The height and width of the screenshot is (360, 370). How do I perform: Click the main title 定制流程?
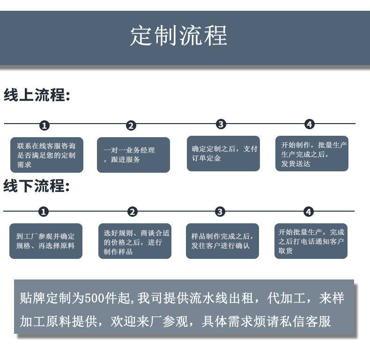(x=178, y=36)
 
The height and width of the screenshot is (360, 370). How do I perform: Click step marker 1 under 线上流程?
(x=44, y=125)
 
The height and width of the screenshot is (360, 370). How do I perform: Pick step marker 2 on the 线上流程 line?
(x=131, y=125)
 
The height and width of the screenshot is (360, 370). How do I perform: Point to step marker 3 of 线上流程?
(x=221, y=124)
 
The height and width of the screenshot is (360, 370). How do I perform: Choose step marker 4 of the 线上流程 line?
(x=309, y=124)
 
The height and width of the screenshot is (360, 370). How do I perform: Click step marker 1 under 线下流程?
(x=43, y=212)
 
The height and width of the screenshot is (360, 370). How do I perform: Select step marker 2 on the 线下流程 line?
(x=133, y=212)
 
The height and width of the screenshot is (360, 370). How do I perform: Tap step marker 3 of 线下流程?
(x=220, y=212)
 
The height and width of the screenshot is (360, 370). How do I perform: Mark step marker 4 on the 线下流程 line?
(x=308, y=212)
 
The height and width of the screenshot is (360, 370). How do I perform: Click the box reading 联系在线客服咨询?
(x=47, y=155)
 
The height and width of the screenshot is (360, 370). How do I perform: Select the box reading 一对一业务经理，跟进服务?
(x=133, y=155)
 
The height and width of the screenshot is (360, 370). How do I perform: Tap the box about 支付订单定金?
(x=223, y=154)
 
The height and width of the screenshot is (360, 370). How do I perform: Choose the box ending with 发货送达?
(x=312, y=154)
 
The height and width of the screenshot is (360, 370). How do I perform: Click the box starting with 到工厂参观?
(x=46, y=241)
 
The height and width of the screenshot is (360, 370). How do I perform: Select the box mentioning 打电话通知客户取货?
(x=311, y=241)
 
